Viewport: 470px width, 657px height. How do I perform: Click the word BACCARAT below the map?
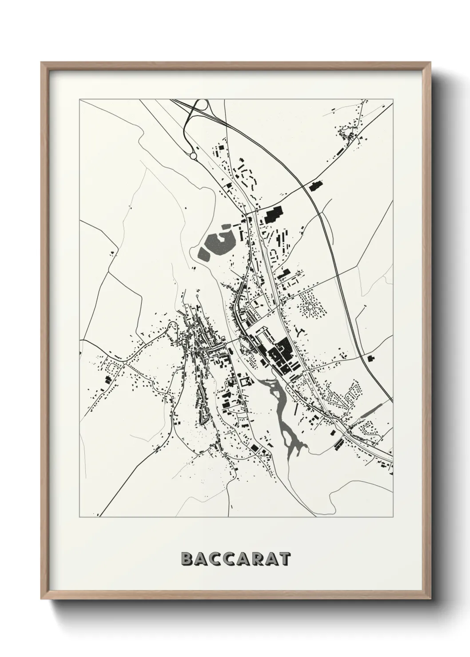235,559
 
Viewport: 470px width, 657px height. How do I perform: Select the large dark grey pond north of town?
218,242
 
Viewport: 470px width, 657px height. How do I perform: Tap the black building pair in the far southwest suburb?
107,380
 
